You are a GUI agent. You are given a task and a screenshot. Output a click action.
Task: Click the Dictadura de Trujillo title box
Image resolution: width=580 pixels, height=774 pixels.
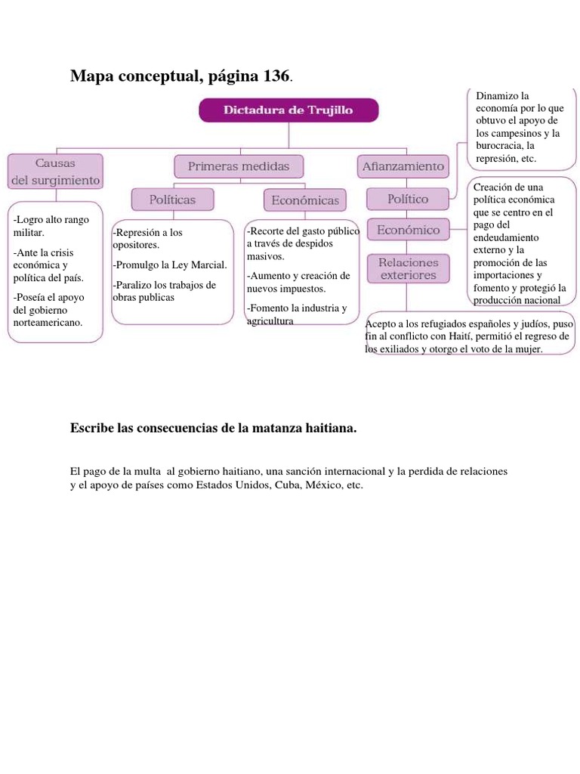[x=288, y=110]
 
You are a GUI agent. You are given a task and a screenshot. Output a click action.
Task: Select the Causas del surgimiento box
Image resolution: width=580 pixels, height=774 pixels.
[x=55, y=172]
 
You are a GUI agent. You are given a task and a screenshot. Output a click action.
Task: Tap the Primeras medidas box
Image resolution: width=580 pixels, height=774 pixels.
[x=238, y=166]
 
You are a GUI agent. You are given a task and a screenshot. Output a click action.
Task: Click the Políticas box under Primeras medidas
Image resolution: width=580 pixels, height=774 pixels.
[x=172, y=200]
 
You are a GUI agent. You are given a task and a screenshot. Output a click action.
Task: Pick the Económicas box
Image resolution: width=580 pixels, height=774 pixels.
[x=305, y=200]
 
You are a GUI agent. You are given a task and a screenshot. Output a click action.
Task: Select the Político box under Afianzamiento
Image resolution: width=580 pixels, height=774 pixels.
[x=408, y=200]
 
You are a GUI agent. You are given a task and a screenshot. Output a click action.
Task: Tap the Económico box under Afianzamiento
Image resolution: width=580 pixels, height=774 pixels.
[x=408, y=229]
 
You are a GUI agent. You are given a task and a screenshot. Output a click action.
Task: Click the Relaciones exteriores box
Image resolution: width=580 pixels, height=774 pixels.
[x=408, y=268]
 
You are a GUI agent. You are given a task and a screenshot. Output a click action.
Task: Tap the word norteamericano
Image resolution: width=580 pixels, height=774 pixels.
[x=48, y=322]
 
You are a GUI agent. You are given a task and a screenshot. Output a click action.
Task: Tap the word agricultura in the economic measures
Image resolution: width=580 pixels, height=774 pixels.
[x=270, y=321]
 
